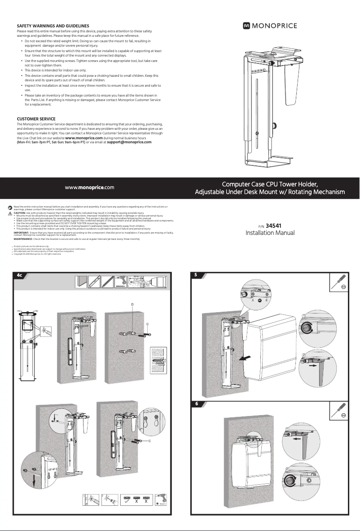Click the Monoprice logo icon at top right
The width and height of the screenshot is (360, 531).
(246, 26)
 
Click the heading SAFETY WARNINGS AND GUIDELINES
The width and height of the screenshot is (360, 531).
(53, 26)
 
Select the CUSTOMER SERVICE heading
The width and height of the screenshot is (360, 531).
(36, 119)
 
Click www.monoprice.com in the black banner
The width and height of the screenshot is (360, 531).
(89, 187)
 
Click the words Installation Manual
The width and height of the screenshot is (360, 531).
(270, 233)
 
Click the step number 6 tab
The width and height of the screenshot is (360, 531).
(196, 404)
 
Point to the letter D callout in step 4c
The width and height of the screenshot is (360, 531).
(132, 304)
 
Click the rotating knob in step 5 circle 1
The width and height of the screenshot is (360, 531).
(307, 329)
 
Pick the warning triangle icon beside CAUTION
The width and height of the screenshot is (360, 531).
(11, 213)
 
